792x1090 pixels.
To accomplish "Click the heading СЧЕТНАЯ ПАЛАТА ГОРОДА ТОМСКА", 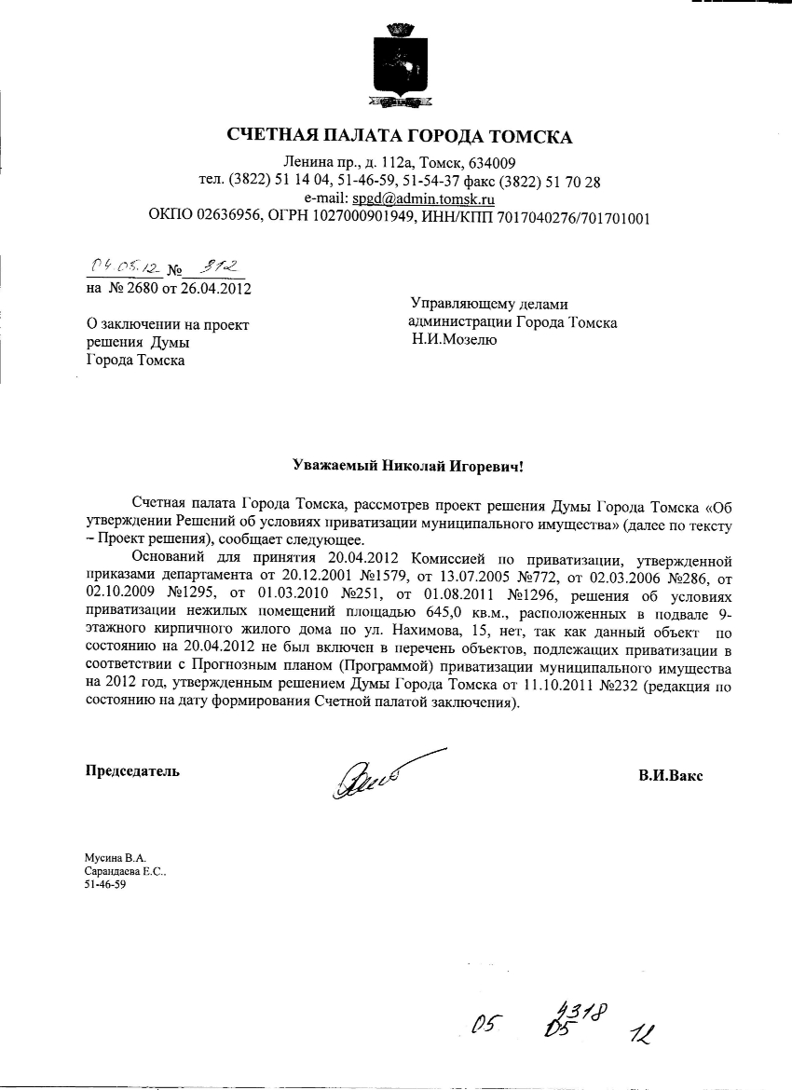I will point(400,137).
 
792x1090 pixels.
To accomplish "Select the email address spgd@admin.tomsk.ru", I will point(422,198).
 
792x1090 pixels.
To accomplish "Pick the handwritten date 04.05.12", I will point(121,267).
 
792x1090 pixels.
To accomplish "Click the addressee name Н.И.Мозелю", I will point(456,340).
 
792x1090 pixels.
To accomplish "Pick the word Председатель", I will point(132,770).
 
